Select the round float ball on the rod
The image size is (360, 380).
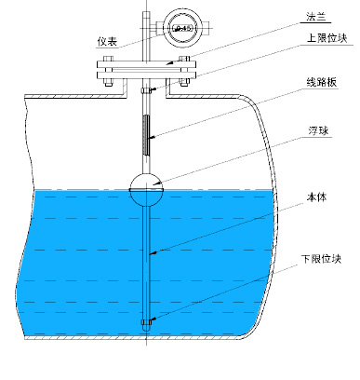click(x=147, y=187)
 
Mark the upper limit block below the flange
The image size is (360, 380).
click(x=147, y=90)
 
